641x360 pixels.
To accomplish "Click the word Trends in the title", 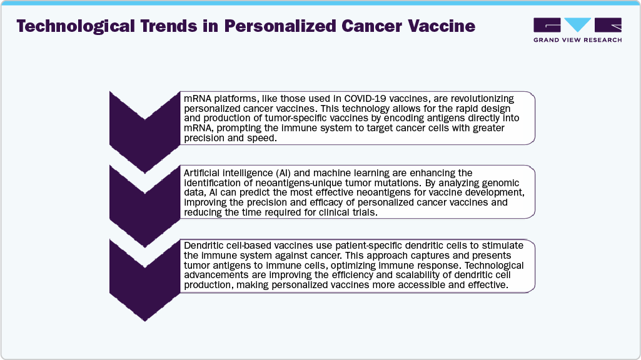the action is [169, 26].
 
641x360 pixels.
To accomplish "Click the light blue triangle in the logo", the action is [577, 24].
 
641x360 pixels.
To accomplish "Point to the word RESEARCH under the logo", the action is [603, 40].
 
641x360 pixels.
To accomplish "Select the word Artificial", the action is [202, 173].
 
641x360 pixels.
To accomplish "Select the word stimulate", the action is [502, 246].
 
